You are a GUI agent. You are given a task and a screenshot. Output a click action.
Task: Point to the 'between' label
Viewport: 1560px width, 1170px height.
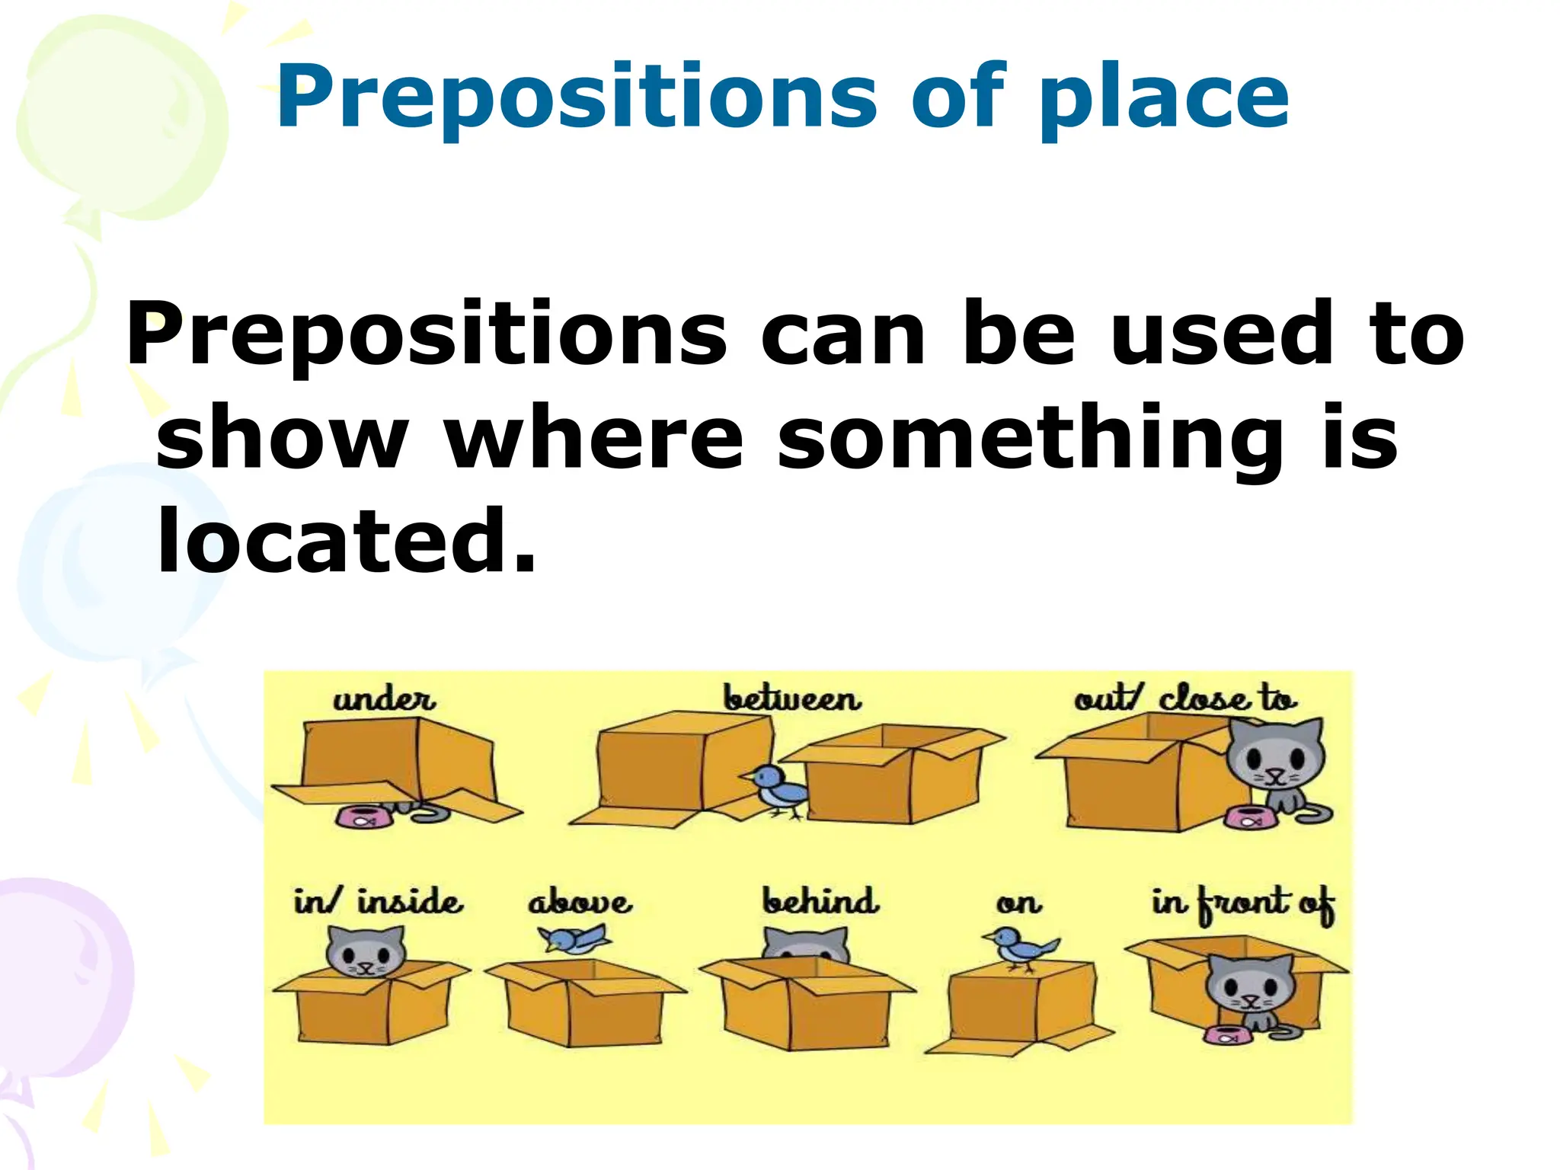792,698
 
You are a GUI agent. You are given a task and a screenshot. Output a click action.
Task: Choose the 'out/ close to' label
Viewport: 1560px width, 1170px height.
1184,698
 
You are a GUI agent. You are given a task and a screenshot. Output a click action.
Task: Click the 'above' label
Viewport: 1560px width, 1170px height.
580,902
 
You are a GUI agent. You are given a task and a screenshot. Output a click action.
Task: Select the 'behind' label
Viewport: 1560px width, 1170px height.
820,901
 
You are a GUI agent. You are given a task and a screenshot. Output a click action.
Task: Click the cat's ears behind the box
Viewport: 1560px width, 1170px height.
806,941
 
